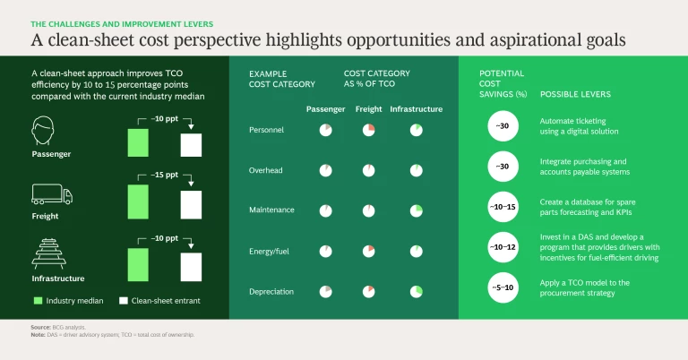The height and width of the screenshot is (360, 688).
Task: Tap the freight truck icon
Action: click(52, 194)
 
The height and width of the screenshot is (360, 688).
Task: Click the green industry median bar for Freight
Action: click(138, 201)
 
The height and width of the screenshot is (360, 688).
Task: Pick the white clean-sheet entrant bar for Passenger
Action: click(192, 145)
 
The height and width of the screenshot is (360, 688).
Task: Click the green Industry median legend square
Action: click(37, 300)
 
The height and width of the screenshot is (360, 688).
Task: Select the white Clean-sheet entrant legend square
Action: click(125, 300)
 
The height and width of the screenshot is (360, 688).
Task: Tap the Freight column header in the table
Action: click(367, 109)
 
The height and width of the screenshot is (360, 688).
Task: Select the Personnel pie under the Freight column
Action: click(368, 131)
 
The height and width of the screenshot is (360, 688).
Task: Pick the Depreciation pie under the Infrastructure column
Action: click(416, 291)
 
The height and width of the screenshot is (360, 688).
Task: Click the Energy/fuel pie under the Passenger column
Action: click(325, 251)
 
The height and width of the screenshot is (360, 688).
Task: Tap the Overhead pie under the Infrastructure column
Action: click(416, 170)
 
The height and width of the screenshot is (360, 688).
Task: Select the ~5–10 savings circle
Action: click(503, 287)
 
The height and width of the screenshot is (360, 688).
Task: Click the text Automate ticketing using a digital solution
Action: click(579, 125)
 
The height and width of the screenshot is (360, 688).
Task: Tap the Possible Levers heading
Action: click(575, 94)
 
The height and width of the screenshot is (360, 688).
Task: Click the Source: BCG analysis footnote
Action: click(51, 328)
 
